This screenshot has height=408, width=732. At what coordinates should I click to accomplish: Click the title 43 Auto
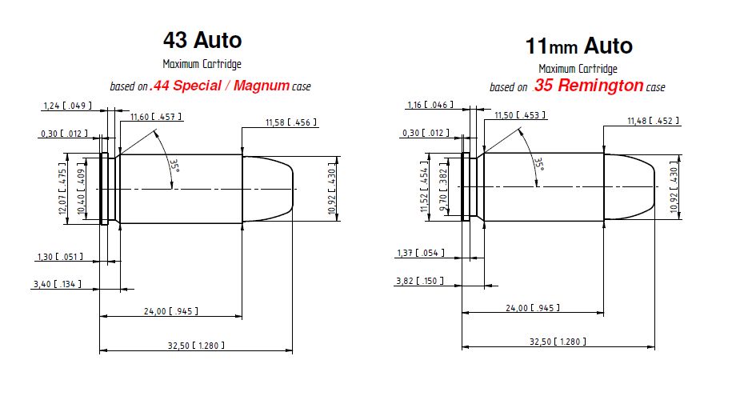pyautogui.click(x=202, y=39)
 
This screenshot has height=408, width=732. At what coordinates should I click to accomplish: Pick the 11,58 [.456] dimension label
pyautogui.click(x=291, y=122)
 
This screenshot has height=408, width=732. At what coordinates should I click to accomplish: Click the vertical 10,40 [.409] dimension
pyautogui.click(x=82, y=188)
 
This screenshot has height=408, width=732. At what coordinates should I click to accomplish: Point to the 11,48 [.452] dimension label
pyautogui.click(x=653, y=121)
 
